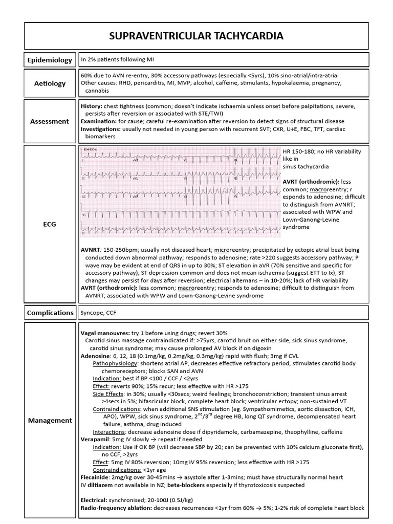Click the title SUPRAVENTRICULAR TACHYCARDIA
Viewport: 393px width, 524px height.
point(196,36)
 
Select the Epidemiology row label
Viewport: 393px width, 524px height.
point(50,60)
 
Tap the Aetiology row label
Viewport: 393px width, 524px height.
point(50,83)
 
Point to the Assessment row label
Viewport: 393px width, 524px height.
point(50,121)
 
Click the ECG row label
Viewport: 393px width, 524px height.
point(50,223)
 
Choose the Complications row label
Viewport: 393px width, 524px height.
point(50,312)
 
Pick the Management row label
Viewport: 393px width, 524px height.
point(50,420)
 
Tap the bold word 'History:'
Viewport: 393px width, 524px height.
point(92,106)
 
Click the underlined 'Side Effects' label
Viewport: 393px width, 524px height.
point(108,394)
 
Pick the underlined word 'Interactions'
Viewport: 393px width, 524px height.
point(109,431)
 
